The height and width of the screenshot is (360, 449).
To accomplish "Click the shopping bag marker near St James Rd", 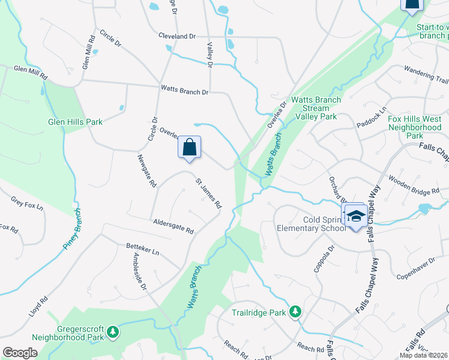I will point(190,148).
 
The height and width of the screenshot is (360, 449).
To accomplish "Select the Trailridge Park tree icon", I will point(295,311).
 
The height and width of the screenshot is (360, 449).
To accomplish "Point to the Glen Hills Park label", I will point(76,122).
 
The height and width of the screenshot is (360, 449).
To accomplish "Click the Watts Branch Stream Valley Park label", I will point(315,108).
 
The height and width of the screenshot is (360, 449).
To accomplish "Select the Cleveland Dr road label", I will point(177,37).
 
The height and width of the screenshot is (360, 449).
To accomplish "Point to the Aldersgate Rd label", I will point(173,226).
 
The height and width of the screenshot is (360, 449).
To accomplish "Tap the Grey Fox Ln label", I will point(28,203).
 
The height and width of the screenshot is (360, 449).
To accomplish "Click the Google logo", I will point(20,353).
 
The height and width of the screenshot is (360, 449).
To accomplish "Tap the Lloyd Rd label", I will point(37,307).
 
